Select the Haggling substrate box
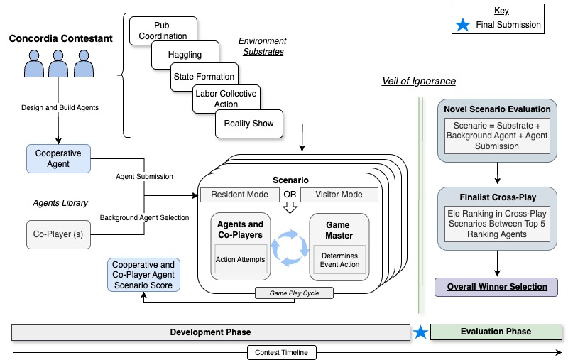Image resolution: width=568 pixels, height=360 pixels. click(185, 54)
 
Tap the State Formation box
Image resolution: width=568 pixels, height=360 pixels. click(204, 77)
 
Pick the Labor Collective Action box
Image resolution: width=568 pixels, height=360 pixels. click(225, 99)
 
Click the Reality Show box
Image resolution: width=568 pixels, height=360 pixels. click(248, 124)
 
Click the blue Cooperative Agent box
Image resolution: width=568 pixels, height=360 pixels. click(58, 158)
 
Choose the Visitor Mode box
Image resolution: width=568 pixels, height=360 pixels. click(339, 195)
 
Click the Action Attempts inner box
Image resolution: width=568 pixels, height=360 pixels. click(240, 259)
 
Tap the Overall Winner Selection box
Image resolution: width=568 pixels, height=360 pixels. click(497, 287)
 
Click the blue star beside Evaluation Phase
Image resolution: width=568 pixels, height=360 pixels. click(421, 332)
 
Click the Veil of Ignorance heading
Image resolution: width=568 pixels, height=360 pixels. click(419, 82)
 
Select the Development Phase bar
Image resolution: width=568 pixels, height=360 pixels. click(210, 332)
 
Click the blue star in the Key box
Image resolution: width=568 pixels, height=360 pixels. click(462, 25)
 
